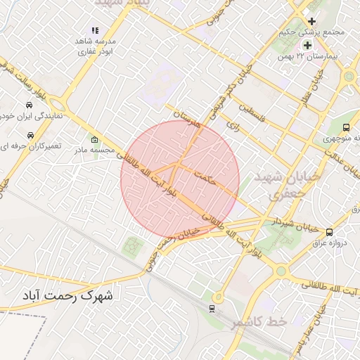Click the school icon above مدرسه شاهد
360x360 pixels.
click(95, 31)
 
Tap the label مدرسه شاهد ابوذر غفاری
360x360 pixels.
click(96, 46)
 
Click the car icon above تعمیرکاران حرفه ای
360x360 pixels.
click(30, 134)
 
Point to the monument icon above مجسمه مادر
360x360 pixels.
click(94, 139)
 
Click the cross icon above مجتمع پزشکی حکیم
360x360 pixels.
click(312, 21)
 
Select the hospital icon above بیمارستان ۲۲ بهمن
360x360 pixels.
click(307, 45)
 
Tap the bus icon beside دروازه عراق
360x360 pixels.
click(329, 232)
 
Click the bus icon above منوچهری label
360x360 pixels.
click(346, 127)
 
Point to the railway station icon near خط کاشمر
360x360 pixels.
click(212, 308)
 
